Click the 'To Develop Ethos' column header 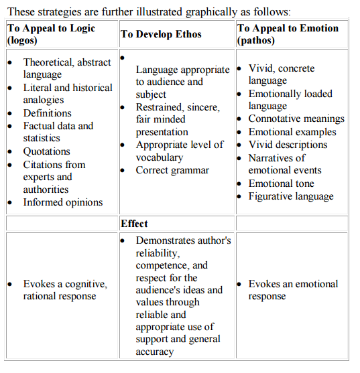pyautogui.click(x=161, y=34)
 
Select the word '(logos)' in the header pyautogui.click(x=22, y=40)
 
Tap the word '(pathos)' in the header pyautogui.click(x=256, y=40)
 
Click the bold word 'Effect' pyautogui.click(x=134, y=224)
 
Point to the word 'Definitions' pyautogui.click(x=48, y=113)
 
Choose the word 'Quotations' pyautogui.click(x=47, y=151)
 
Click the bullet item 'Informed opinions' pyautogui.click(x=63, y=202)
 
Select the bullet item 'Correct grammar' pyautogui.click(x=172, y=170)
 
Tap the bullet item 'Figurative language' pyautogui.click(x=291, y=196)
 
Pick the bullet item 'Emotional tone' pyautogui.click(x=281, y=183)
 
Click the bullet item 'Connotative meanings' pyautogui.click(x=296, y=119)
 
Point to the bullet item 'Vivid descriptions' pyautogui.click(x=288, y=145)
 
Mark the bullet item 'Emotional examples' pyautogui.click(x=292, y=132)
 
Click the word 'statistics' pyautogui.click(x=42, y=138)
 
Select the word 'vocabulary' pyautogui.click(x=160, y=157)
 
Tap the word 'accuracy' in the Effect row pyautogui.click(x=155, y=352)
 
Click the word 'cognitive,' pyautogui.click(x=86, y=284)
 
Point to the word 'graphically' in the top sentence pyautogui.click(x=211, y=12)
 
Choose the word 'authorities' pyautogui.click(x=46, y=190)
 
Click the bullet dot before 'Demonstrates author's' pyautogui.click(x=123, y=241)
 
